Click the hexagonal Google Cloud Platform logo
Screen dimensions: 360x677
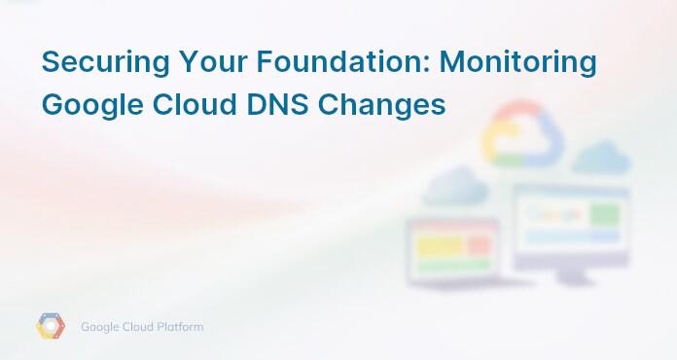51,327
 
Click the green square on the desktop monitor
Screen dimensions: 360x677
604,213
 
